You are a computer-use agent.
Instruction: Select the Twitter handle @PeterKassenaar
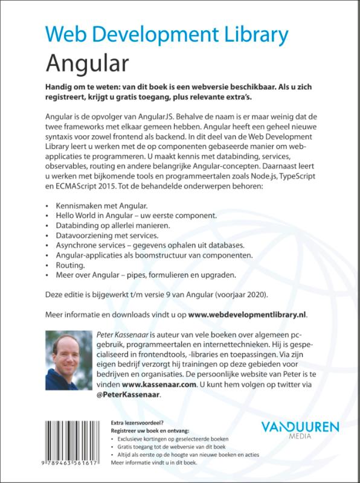pos(129,394)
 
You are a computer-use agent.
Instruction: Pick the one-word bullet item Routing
pos(71,265)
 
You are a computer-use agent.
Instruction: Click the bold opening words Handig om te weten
pos(89,87)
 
